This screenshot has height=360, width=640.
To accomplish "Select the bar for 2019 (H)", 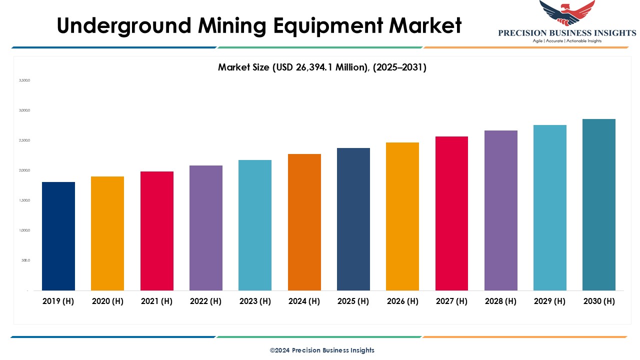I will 58,236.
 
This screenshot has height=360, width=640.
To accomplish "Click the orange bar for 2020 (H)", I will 107,233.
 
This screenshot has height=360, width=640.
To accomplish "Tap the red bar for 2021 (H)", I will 157,231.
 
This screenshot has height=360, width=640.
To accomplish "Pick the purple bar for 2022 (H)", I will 206,228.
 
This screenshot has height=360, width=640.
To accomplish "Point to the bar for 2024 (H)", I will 304,222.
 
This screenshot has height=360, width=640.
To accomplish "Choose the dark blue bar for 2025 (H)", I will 353,219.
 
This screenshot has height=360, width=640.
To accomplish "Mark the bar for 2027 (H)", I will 452,213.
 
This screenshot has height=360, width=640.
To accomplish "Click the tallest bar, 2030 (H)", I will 599,204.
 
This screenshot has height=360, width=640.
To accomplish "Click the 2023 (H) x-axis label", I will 255,301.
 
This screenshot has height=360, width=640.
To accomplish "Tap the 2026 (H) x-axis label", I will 402,301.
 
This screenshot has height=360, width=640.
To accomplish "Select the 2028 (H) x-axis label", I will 501,301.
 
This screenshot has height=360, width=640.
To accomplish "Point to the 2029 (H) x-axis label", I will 550,301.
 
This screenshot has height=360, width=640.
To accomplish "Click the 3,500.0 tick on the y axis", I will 24,80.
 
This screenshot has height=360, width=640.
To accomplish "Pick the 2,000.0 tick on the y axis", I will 24,170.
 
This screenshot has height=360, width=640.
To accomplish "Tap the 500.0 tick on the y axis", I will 25,260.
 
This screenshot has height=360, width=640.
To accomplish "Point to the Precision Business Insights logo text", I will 567,33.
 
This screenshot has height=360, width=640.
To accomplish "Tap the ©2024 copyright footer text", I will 322,350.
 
